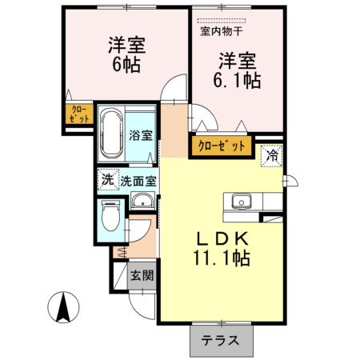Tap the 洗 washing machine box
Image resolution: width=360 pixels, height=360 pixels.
pos(106,179)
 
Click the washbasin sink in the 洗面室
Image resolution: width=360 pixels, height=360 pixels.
pos(142,201)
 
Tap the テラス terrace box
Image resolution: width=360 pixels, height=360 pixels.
pos(220,339)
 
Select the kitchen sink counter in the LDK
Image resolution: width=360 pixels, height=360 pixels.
pos(241,202)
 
